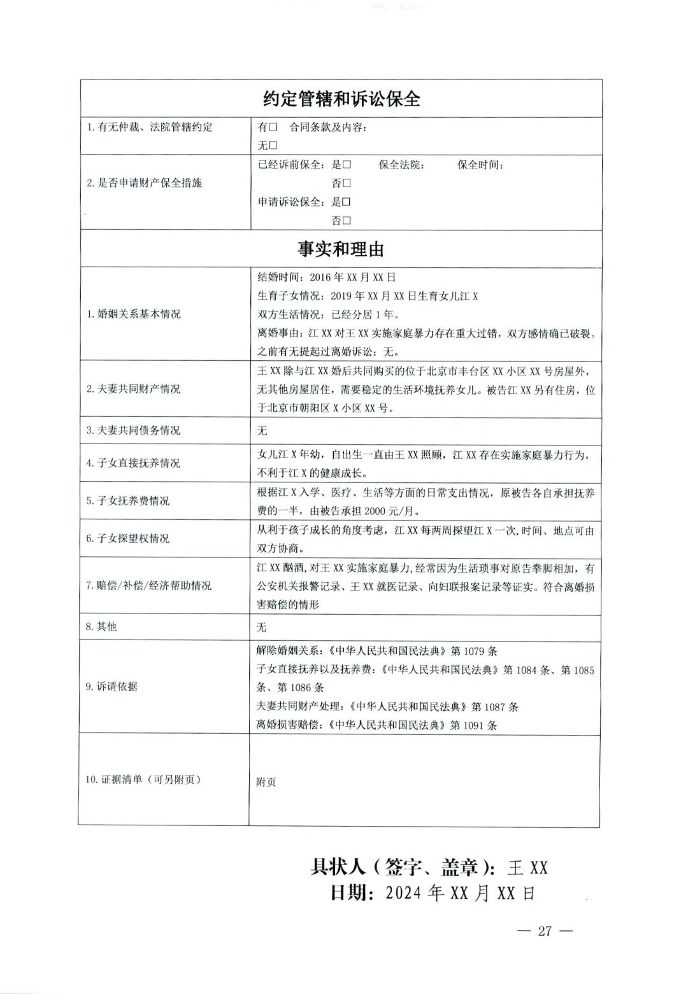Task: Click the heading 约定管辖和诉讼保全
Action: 341,99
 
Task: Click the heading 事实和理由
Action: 341,249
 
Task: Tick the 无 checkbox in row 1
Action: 273,145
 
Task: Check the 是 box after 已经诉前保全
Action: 347,165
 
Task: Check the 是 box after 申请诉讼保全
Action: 347,202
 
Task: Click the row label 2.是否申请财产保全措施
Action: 144,183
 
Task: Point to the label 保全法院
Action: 401,165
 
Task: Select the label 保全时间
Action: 480,165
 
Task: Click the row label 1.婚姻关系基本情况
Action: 133,314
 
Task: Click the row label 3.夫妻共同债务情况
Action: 133,431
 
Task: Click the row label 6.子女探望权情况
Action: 128,538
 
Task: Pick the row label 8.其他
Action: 101,627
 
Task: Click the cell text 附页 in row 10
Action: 266,782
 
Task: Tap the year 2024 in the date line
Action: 405,893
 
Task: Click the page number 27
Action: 545,931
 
